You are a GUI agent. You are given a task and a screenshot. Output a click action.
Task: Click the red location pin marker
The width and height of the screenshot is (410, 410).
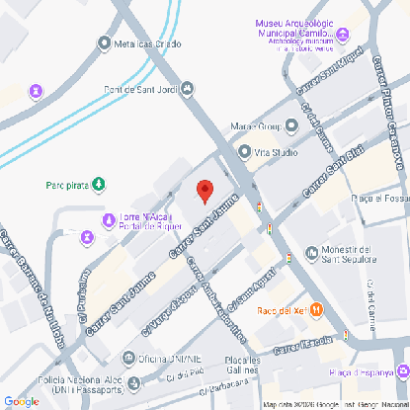click(x=205, y=191)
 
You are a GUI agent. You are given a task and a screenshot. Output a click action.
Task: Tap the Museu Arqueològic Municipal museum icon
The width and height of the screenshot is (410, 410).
click(x=343, y=35)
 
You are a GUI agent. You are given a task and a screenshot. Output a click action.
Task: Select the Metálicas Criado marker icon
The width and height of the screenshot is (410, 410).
click(x=106, y=42)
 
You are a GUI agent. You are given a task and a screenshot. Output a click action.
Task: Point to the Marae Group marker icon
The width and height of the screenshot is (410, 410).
click(x=291, y=126)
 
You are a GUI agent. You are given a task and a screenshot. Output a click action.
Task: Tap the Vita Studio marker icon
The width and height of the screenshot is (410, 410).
click(x=245, y=152)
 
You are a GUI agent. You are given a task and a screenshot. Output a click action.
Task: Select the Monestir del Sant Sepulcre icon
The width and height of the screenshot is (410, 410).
click(x=313, y=253)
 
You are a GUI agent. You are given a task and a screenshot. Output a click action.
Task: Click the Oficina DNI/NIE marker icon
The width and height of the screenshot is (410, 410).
click(x=128, y=358)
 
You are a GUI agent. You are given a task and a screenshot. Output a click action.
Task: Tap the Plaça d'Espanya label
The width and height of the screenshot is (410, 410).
click(x=361, y=372)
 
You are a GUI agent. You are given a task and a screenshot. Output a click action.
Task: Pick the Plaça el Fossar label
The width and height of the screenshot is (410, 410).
click(x=379, y=199)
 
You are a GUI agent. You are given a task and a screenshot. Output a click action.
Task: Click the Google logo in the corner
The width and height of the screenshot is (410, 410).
click(x=21, y=400)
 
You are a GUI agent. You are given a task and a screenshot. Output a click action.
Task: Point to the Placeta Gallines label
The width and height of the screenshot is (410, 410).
click(x=241, y=363)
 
